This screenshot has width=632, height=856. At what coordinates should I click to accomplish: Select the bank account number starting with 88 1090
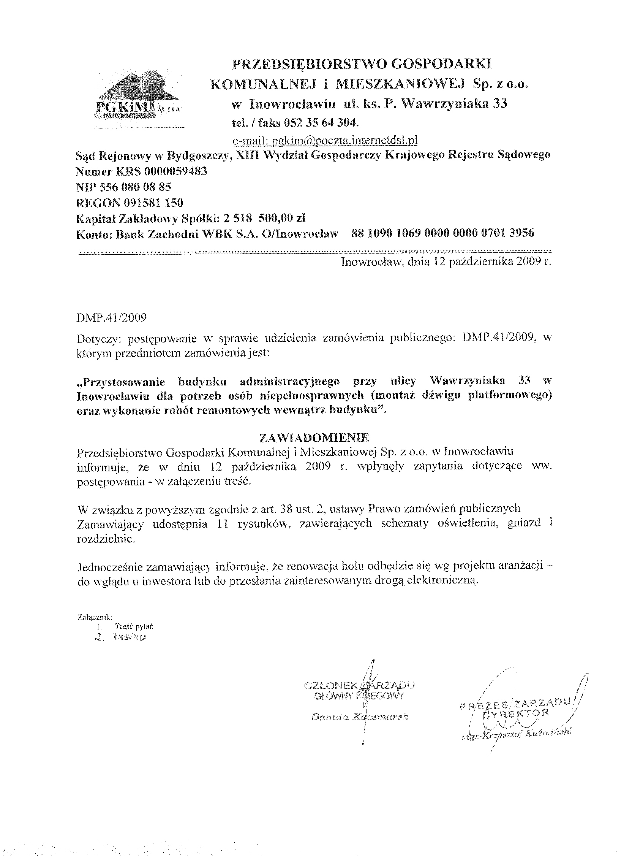(442, 233)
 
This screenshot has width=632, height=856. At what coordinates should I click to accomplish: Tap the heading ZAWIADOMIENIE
(314, 437)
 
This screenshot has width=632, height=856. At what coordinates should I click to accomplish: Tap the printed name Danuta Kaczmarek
(360, 717)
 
